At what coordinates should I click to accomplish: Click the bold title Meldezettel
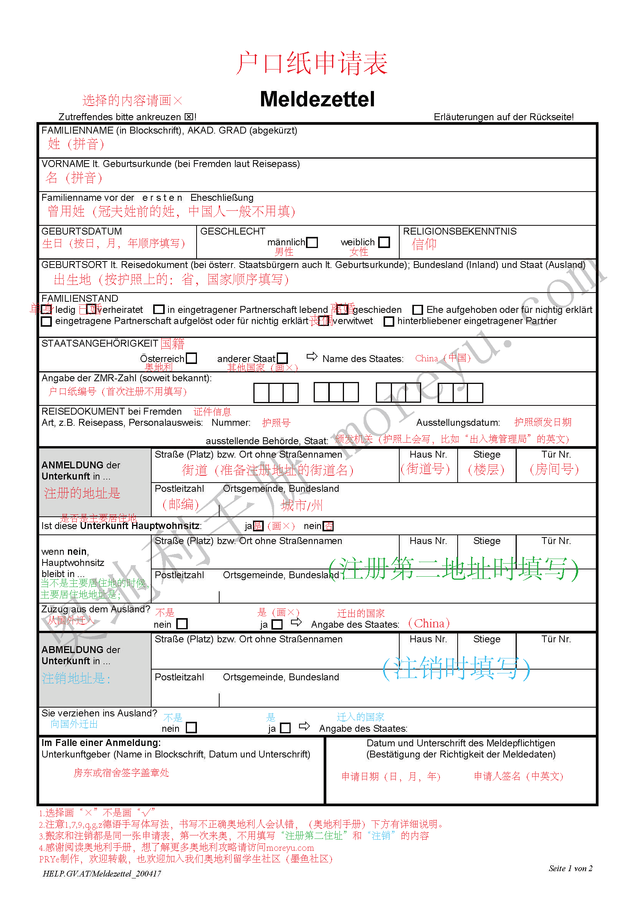317,99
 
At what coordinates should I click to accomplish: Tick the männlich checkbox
312,243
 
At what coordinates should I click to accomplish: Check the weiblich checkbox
384,243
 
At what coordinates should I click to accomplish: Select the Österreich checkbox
191,358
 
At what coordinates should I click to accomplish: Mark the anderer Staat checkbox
282,358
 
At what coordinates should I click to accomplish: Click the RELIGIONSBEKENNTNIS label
460,232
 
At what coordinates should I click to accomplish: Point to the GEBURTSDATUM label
82,232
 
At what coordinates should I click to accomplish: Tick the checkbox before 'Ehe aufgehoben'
417,310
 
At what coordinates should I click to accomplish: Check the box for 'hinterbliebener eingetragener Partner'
388,321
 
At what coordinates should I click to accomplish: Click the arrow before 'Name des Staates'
312,356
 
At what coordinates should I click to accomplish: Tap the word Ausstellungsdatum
458,423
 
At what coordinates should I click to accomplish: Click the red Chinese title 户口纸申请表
312,63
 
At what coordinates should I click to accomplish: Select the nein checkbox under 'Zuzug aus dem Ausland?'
182,624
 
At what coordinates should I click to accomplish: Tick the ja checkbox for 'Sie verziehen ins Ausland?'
285,728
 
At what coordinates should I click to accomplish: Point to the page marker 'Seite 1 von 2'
570,869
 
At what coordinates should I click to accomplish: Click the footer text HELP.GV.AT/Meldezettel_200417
102,874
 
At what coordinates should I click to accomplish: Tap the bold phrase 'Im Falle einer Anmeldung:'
101,743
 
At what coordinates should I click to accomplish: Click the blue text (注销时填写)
456,668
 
